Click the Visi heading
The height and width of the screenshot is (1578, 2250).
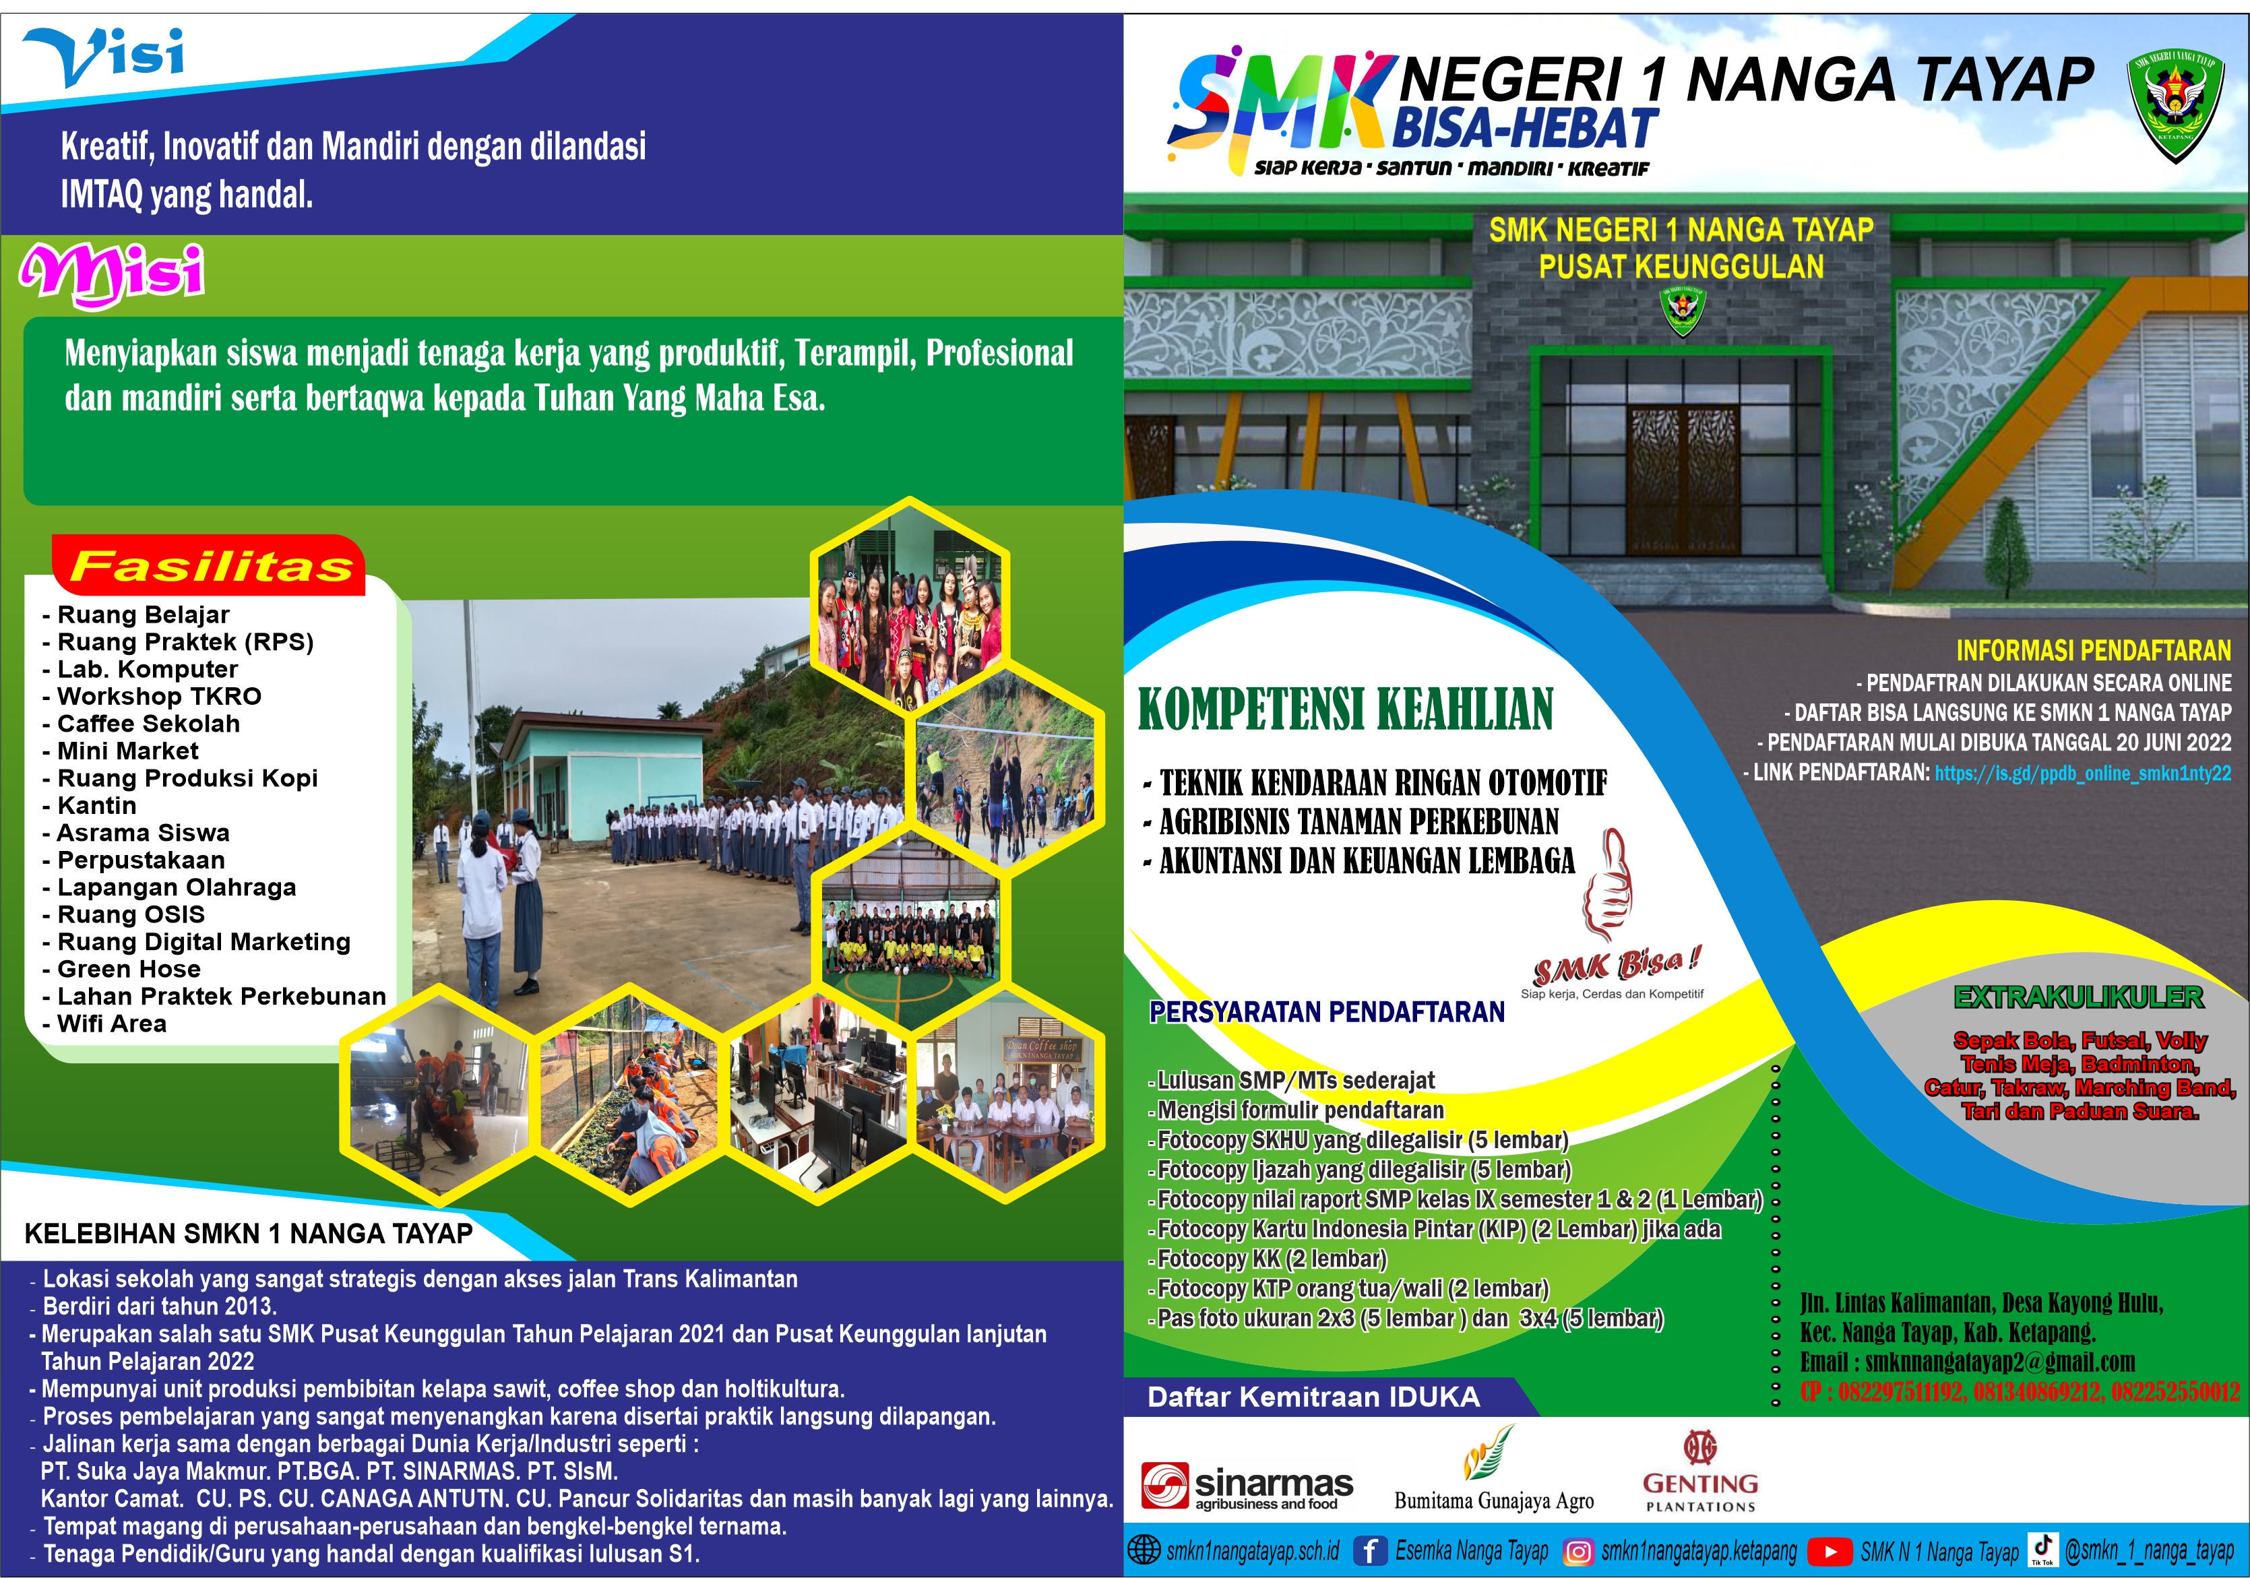[x=103, y=57]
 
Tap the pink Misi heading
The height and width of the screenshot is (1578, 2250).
[x=112, y=274]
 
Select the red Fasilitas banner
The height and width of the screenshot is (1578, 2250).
[x=210, y=565]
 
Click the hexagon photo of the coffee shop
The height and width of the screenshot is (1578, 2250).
[x=1007, y=1095]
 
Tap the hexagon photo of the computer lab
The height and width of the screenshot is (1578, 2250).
[x=819, y=1095]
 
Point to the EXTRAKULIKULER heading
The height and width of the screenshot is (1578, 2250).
[x=2079, y=997]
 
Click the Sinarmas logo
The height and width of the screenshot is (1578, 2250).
[x=1247, y=1486]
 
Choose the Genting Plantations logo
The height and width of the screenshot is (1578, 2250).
[x=1699, y=1472]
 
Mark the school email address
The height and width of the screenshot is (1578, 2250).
[x=1967, y=1362]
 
